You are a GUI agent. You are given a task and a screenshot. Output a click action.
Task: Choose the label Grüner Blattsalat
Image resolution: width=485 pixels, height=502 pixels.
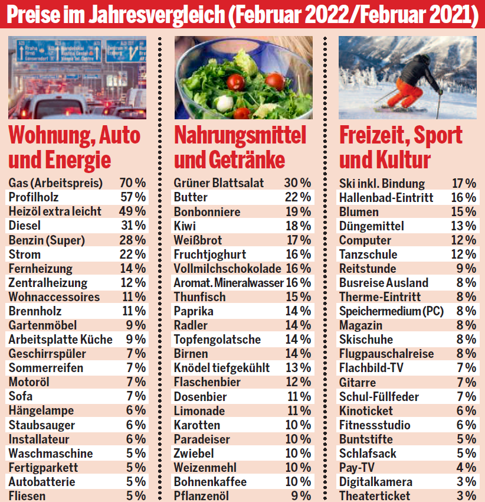tap(219, 183)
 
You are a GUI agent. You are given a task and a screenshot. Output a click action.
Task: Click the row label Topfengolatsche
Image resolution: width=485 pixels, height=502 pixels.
tap(217, 340)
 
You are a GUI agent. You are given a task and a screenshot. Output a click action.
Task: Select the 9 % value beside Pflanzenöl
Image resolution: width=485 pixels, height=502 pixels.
tap(301, 496)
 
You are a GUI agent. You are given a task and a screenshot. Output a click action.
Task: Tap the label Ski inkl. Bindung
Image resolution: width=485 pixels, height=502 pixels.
tap(382, 183)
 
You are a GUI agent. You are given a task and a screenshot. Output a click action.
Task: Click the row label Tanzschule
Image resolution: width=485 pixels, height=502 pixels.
tap(368, 255)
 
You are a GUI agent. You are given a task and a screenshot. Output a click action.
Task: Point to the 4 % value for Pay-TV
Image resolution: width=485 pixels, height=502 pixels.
tap(466, 468)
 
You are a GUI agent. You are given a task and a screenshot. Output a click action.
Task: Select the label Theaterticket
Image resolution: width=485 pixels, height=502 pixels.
tap(375, 496)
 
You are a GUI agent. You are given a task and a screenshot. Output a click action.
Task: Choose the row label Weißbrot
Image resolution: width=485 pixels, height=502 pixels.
tap(198, 240)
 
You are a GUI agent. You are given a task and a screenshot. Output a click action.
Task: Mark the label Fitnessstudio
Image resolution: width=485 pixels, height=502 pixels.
tap(375, 425)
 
